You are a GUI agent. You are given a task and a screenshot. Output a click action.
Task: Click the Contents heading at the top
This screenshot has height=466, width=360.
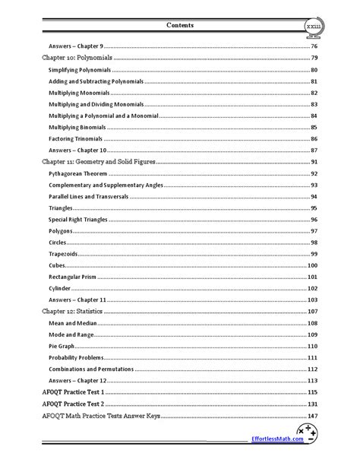coord(179,25)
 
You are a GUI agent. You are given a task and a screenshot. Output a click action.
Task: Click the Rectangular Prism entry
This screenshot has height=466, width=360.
coord(75,277)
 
